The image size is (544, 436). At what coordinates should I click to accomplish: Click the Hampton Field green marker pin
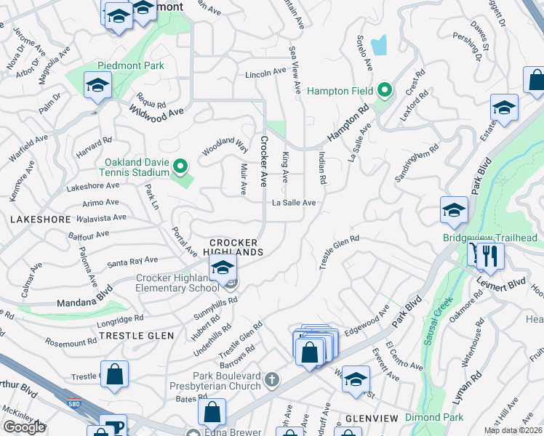pyautogui.click(x=385, y=91)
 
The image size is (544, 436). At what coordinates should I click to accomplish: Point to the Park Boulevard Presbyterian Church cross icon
pyautogui.click(x=272, y=379)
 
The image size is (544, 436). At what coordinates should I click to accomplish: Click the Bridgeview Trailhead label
pyautogui.click(x=490, y=238)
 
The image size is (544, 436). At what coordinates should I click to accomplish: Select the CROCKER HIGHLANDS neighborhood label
pyautogui.click(x=236, y=247)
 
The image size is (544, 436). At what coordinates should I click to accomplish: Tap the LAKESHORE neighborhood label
pyautogui.click(x=41, y=219)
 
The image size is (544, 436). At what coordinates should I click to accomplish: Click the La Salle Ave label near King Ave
pyautogui.click(x=294, y=203)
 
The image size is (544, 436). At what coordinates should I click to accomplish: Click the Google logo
pyautogui.click(x=24, y=427)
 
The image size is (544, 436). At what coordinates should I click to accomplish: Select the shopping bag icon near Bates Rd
pyautogui.click(x=211, y=411)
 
